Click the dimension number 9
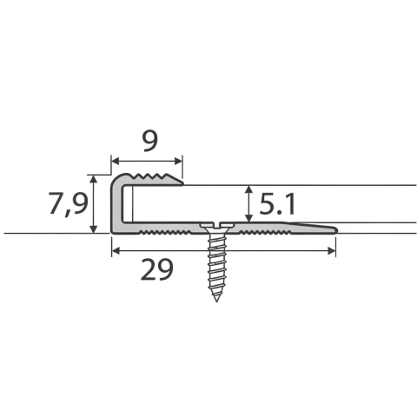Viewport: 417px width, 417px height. tap(150, 142)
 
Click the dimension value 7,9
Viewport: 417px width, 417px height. tap(69, 203)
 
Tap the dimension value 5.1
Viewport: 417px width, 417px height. tap(277, 204)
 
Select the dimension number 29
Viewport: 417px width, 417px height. tap(156, 270)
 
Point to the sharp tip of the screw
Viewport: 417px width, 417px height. tap(216, 301)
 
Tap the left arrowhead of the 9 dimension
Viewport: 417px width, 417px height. tap(116, 162)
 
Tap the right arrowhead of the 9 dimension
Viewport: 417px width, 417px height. tap(178, 162)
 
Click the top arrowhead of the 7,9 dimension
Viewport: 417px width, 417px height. tap(93, 179)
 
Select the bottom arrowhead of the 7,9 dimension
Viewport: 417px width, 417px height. tap(93, 229)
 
